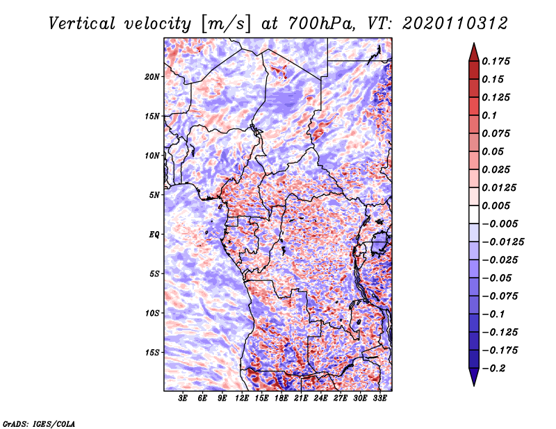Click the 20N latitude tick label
click(x=152, y=77)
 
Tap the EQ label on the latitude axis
click(x=154, y=235)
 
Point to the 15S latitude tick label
click(x=152, y=353)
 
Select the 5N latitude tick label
click(x=154, y=195)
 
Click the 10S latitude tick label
click(x=152, y=313)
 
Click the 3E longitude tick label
click(x=183, y=398)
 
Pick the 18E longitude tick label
click(x=281, y=398)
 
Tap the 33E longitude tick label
click(x=379, y=398)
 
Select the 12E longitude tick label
click(x=242, y=398)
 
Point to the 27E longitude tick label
click(x=341, y=398)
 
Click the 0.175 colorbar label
click(x=496, y=61)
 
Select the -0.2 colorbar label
click(x=493, y=369)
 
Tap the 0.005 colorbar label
click(x=496, y=205)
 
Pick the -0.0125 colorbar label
click(x=502, y=242)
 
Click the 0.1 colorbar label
click(x=489, y=115)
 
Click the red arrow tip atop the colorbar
click(x=474, y=43)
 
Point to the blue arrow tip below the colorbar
click(x=474, y=385)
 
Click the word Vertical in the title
click(x=82, y=24)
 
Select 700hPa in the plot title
click(x=321, y=24)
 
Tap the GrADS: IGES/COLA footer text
click(x=39, y=423)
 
